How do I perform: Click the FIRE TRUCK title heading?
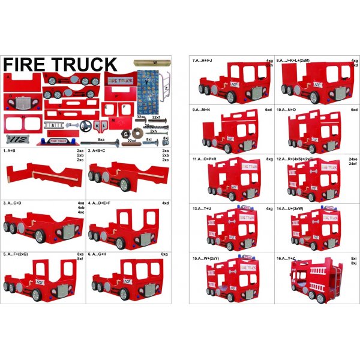click(60, 64)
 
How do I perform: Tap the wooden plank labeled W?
click(152, 61)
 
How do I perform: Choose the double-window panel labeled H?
click(22, 124)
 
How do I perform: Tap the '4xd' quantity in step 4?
click(165, 203)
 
